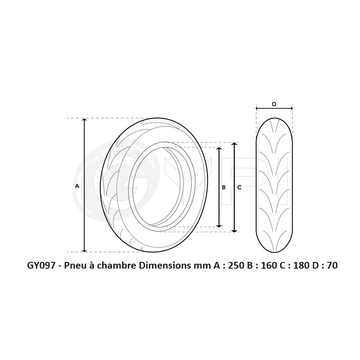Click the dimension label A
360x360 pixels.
pos(77,186)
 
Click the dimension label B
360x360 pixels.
pos(224,187)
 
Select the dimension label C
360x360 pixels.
pos(239,187)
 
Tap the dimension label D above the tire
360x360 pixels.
pos(274,104)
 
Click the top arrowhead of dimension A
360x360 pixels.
pos(84,120)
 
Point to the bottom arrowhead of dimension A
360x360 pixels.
pos(84,250)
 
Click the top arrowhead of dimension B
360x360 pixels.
pos(219,149)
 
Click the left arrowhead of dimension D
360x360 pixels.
pos(257,108)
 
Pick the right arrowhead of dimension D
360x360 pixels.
pos(291,108)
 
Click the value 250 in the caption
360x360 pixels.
pos(236,265)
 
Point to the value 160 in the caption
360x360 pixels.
pos(268,265)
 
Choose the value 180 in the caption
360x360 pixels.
pos(301,265)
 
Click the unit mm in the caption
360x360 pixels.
pos(198,265)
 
